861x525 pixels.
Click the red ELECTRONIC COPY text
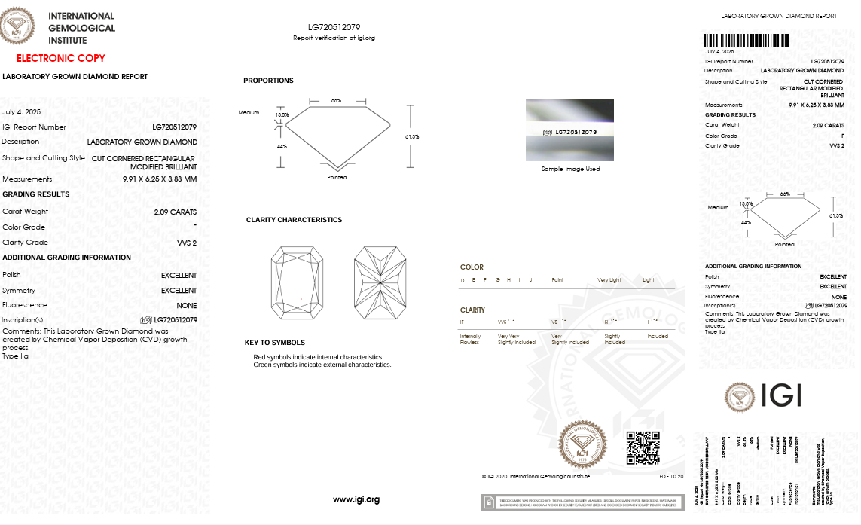tap(61, 58)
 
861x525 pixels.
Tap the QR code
tap(643, 447)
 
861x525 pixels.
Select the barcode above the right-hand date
tap(747, 41)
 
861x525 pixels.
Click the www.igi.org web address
tap(356, 499)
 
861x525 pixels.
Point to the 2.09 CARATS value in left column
tap(175, 212)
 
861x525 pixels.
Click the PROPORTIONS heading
tap(268, 81)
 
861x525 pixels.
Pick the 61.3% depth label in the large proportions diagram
tap(411, 136)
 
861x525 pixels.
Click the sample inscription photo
tap(569, 130)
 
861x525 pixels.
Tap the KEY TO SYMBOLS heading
tap(275, 343)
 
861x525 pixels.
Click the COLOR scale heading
tap(472, 267)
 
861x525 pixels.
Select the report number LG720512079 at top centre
tap(334, 27)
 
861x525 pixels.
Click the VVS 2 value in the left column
tap(186, 243)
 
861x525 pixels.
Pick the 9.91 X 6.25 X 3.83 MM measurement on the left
tap(160, 179)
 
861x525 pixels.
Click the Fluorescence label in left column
tap(25, 305)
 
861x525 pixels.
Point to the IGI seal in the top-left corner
tap(17, 25)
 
